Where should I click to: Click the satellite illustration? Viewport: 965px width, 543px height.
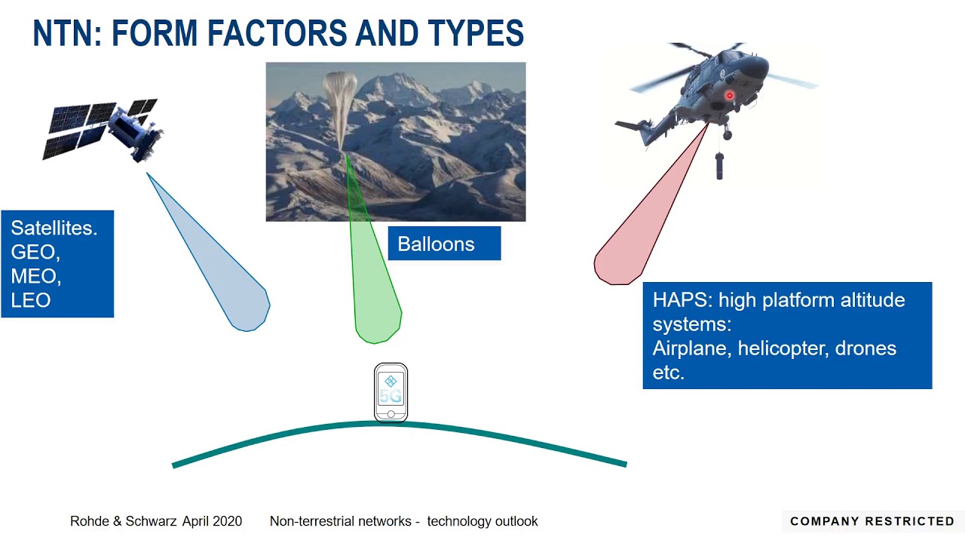103,129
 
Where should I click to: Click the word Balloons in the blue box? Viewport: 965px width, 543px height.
436,244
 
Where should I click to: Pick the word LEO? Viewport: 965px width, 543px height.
31,300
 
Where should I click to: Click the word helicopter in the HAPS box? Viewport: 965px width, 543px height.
783,348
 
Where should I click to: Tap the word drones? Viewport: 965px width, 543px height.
865,348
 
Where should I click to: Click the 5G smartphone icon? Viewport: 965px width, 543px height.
391,393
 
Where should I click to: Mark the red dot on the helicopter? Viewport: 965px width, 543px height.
729,95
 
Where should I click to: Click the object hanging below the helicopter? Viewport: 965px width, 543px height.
719,166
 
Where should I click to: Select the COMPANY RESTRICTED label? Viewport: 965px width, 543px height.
872,521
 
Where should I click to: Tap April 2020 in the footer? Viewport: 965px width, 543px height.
212,521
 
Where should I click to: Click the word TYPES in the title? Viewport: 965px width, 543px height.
476,32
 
